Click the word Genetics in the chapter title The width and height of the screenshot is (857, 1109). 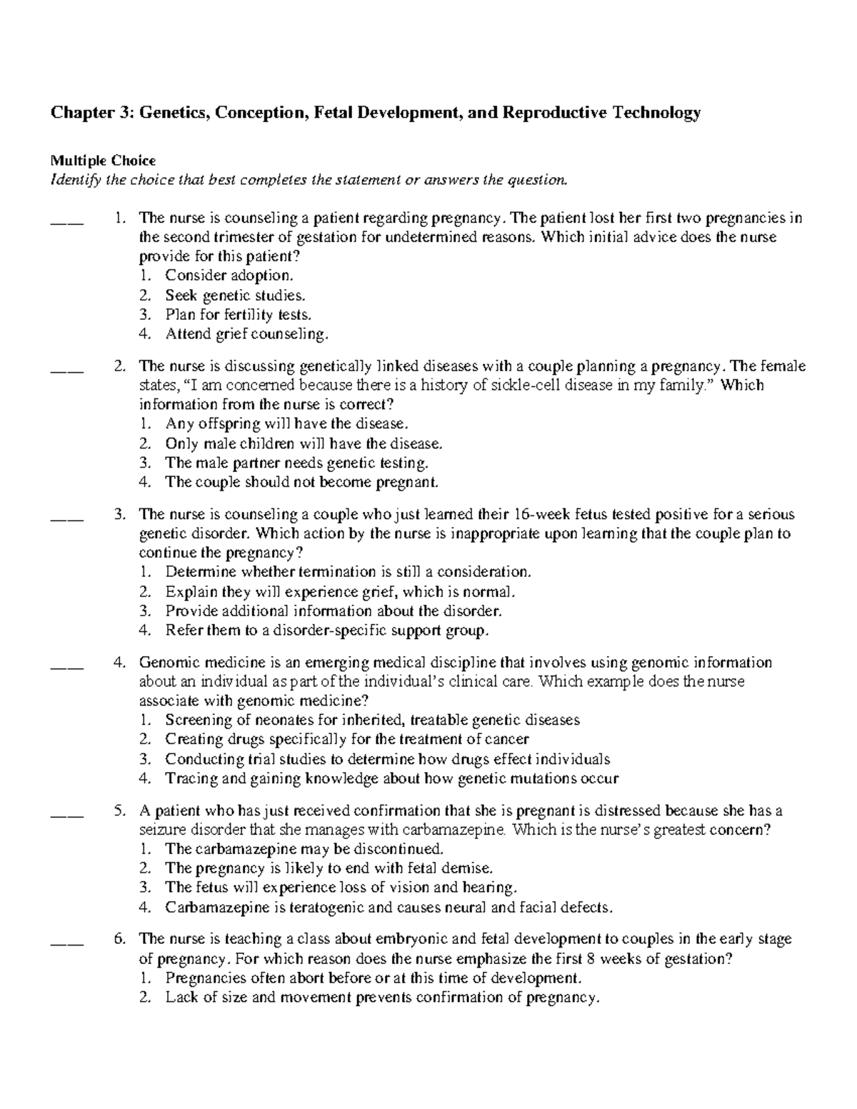click(x=174, y=112)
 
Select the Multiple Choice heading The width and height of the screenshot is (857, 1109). click(x=102, y=161)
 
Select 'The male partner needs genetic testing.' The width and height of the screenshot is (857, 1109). click(x=297, y=463)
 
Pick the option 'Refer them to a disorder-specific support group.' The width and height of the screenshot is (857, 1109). click(x=327, y=630)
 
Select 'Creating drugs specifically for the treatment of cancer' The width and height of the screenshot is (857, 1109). click(x=347, y=739)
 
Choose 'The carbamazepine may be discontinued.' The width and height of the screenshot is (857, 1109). click(x=304, y=849)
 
